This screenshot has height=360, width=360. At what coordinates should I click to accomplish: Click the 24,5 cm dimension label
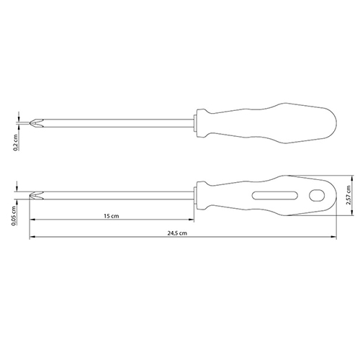[177, 233]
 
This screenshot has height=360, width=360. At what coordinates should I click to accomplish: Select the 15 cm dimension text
[112, 216]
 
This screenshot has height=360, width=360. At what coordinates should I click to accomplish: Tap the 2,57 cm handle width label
[348, 195]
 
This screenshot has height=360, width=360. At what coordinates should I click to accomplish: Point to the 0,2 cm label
[16, 143]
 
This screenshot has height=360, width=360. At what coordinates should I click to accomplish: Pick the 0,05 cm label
[14, 216]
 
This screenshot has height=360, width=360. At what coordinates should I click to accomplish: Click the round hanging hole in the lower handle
[317, 195]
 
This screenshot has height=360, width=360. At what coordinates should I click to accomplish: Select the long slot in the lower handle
[275, 195]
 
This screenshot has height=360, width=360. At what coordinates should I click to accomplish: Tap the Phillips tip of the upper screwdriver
[36, 123]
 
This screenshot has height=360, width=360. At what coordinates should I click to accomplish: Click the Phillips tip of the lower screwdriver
[36, 195]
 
